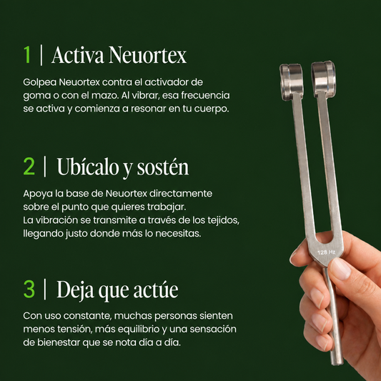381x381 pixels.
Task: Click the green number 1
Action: [27, 55]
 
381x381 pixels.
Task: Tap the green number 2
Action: [29, 167]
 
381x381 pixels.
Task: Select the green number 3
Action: [29, 289]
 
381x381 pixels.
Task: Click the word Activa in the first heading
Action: [78, 55]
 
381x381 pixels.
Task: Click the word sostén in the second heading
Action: [163, 167]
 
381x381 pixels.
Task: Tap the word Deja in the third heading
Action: [75, 290]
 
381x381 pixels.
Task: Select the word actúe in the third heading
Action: [156, 290]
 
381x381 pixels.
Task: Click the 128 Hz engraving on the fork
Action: [326, 252]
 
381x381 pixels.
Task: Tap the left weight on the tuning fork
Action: [292, 82]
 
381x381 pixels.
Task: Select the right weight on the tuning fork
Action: [323, 79]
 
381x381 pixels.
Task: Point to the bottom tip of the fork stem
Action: [337, 363]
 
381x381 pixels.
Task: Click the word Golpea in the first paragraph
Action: [40, 83]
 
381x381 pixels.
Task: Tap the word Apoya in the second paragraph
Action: [38, 194]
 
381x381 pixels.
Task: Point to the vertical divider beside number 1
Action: [41, 55]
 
